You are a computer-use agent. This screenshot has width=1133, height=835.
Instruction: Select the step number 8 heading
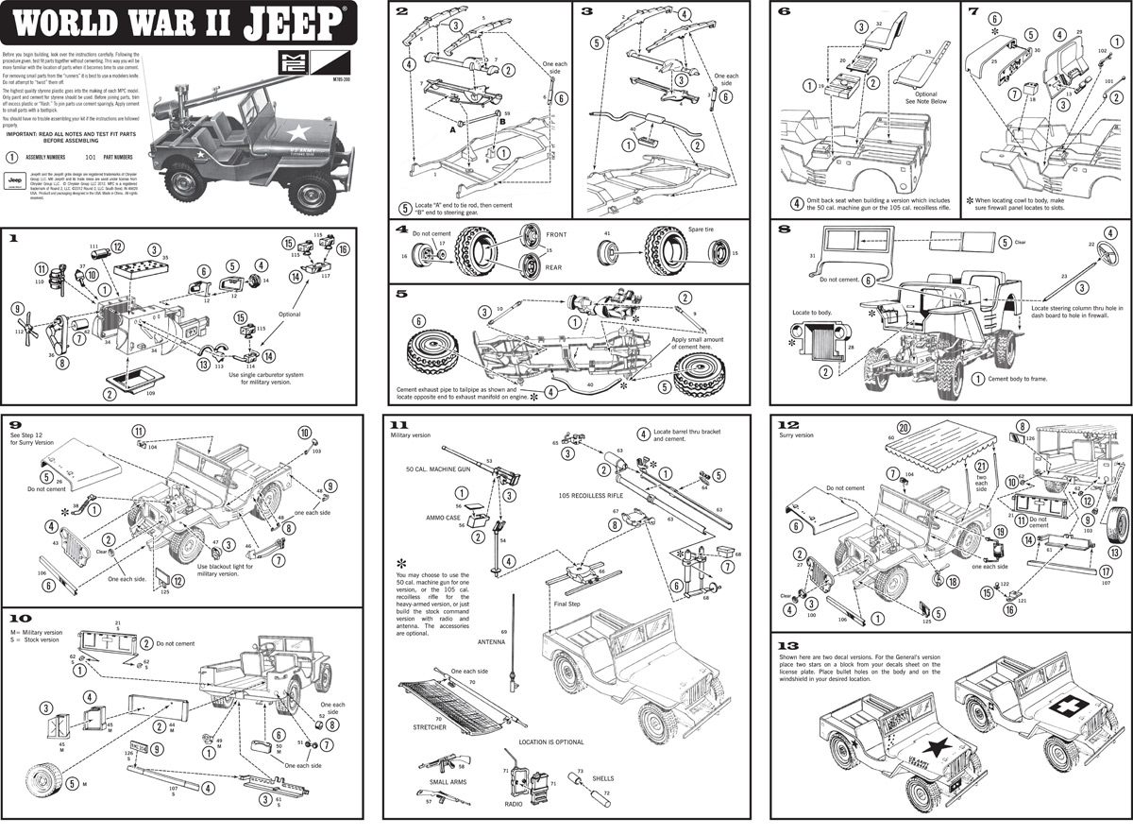click(784, 229)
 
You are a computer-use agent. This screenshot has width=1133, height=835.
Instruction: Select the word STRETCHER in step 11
click(430, 727)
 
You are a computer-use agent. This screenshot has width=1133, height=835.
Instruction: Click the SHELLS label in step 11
click(602, 778)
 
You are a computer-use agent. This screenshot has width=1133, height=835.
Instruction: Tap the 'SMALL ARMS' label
click(447, 782)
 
